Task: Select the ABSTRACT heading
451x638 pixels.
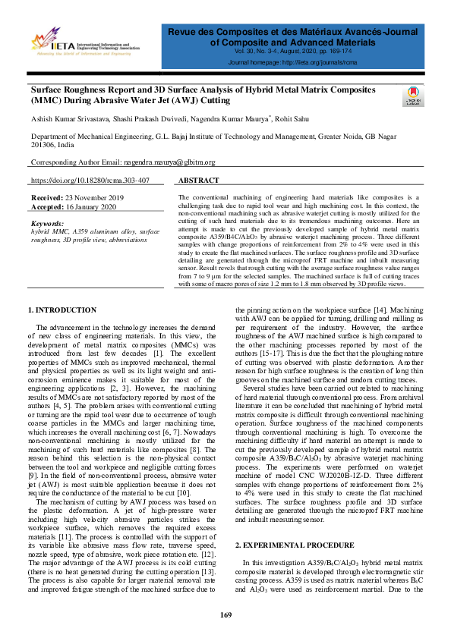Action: [x=197, y=181]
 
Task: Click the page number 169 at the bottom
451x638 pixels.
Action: [x=225, y=614]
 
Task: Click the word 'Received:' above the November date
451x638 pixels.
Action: [x=47, y=197]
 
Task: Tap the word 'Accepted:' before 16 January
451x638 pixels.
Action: [x=47, y=206]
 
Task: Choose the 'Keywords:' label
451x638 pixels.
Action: [x=48, y=224]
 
